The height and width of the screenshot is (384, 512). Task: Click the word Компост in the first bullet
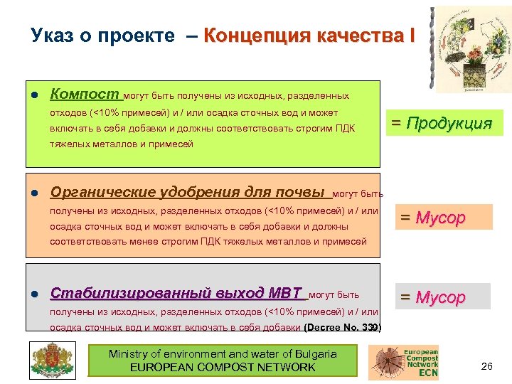(85, 95)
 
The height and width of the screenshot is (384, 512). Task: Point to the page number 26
(487, 366)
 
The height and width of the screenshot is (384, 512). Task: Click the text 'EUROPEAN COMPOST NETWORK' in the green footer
(223, 367)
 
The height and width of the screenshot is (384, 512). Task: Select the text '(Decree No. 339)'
(343, 328)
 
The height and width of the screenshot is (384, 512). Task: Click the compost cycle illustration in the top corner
(470, 49)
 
